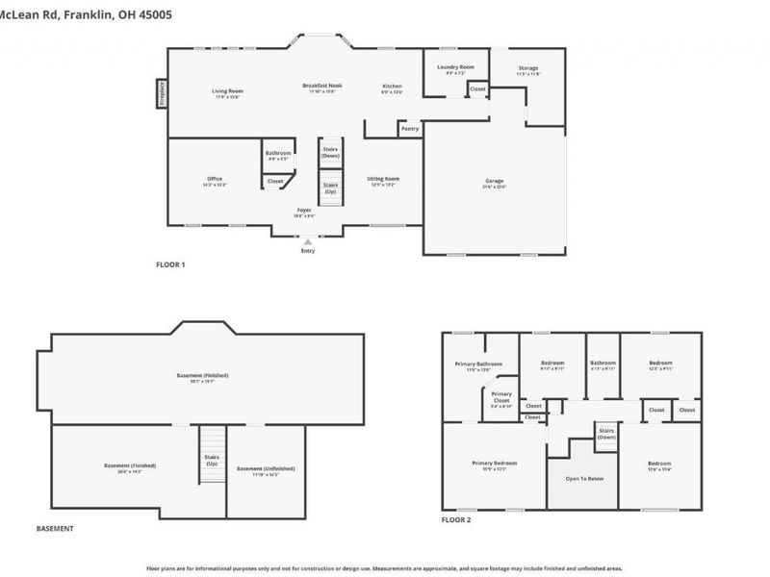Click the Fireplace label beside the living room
point(161,94)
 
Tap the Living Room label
point(228,91)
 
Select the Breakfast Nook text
point(322,85)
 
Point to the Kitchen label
point(392,86)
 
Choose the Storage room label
point(527,68)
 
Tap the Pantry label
point(409,128)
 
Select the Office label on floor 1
point(215,179)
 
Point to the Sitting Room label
point(382,178)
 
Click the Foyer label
point(303,209)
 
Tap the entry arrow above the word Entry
point(308,241)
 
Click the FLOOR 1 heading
point(170,264)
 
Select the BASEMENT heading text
point(55,528)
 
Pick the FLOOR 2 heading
point(456,519)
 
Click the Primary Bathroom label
point(478,364)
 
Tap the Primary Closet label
point(501,396)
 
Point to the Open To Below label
point(582,478)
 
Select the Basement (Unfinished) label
point(266,468)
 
